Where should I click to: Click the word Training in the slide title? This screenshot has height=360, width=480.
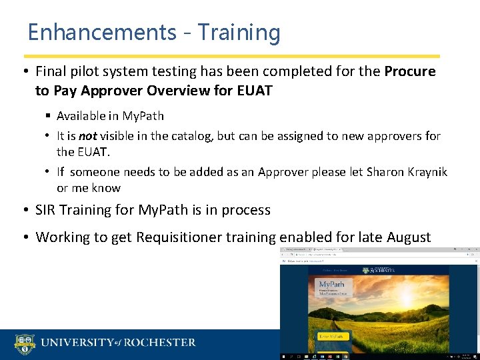coord(239,33)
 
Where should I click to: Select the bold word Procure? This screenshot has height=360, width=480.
coord(410,71)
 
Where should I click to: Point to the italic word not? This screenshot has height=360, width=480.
coord(88,136)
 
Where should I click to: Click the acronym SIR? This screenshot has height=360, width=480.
coord(48,210)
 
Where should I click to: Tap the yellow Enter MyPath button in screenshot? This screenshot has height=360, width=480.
coord(333,337)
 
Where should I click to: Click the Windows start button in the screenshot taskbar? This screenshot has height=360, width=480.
coord(283,357)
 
